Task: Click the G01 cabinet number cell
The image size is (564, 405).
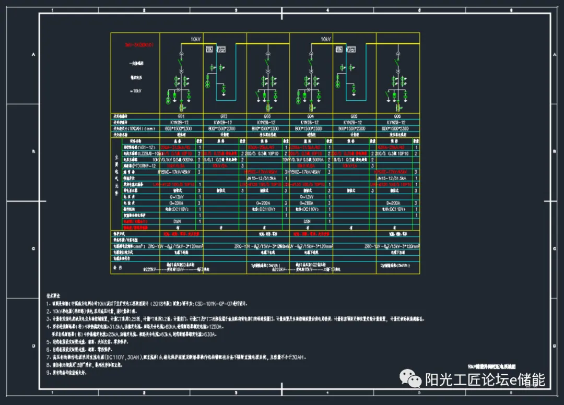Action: click(x=181, y=116)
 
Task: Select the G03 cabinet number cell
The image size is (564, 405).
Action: click(x=267, y=116)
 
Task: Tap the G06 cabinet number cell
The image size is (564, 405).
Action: click(x=397, y=116)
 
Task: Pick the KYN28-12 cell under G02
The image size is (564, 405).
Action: click(x=224, y=122)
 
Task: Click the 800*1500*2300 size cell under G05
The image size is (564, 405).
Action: click(x=354, y=128)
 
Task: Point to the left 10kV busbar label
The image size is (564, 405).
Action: click(x=195, y=39)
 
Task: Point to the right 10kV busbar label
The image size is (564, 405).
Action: click(x=326, y=39)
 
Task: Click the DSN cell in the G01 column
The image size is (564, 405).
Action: click(x=178, y=221)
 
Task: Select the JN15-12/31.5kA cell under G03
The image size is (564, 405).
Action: click(x=267, y=178)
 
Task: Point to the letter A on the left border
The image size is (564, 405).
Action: click(x=35, y=55)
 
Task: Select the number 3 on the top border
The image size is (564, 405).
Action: click(x=236, y=10)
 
